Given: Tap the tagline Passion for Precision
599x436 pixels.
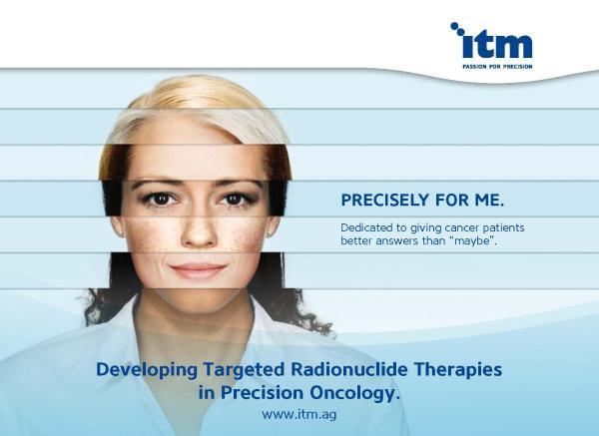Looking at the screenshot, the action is (497, 67).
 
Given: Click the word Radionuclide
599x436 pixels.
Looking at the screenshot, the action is (348, 369).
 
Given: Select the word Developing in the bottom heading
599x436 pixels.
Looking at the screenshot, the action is (147, 370).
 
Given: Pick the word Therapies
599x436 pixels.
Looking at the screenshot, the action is (458, 370).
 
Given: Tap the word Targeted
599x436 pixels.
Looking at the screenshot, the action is (244, 370).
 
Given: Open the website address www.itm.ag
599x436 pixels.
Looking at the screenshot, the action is (299, 415).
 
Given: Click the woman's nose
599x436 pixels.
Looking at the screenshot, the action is (199, 231).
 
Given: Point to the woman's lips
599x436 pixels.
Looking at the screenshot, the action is (198, 269).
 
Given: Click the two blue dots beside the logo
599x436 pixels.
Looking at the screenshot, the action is (457, 29).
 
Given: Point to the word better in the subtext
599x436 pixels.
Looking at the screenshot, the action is (356, 241).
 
